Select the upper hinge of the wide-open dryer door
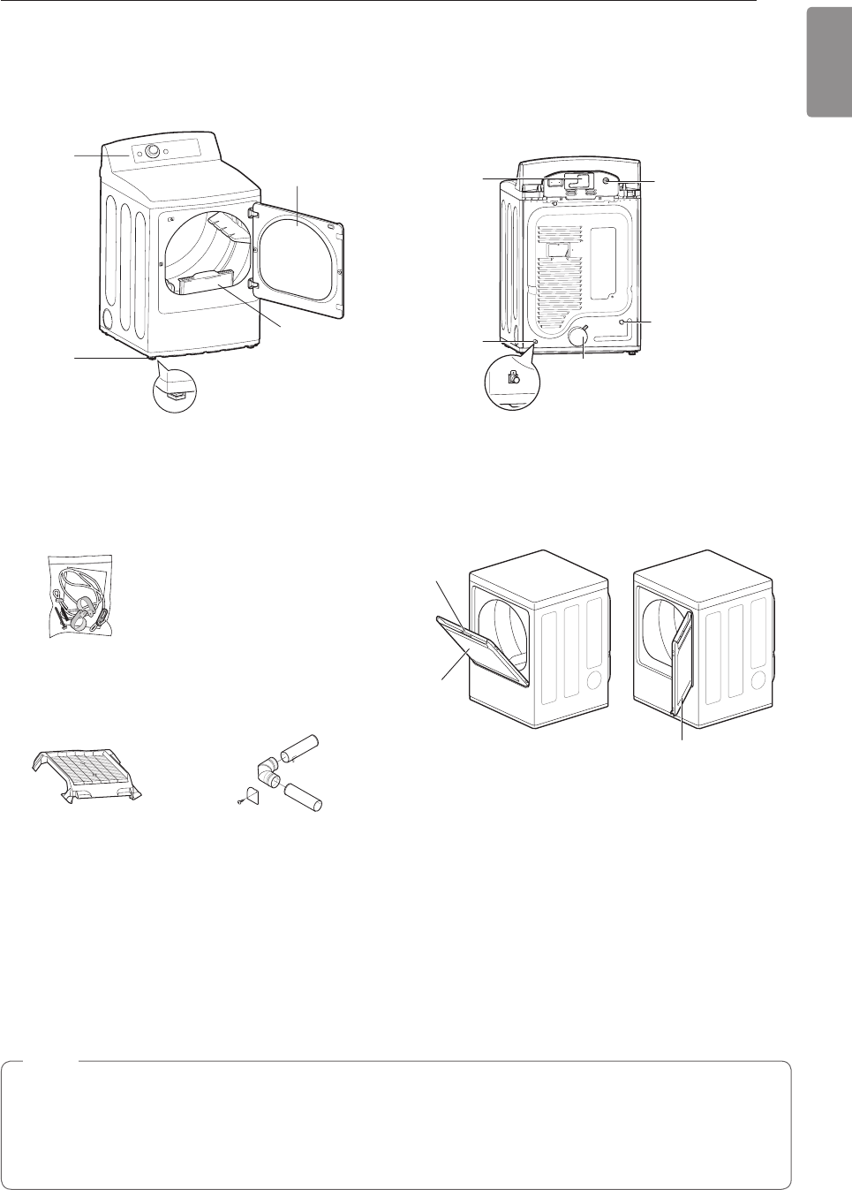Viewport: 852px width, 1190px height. [x=253, y=211]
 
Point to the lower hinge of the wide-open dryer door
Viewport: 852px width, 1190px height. [x=253, y=284]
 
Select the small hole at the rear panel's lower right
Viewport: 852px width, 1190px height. [x=623, y=323]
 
